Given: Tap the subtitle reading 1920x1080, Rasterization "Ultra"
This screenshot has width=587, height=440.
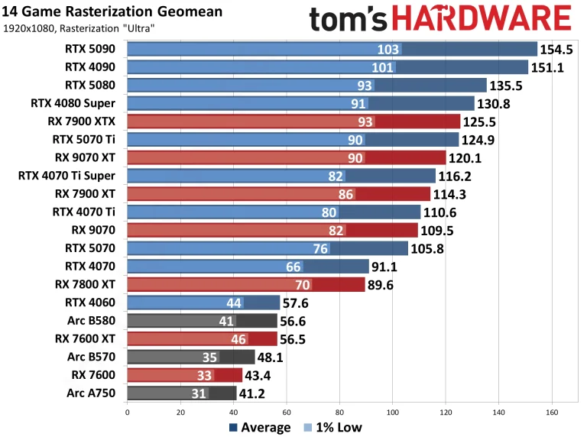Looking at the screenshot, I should coord(79,29).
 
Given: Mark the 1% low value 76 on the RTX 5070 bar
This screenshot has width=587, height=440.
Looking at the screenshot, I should coord(320,248).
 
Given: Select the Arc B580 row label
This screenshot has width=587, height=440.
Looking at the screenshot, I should coord(95,321).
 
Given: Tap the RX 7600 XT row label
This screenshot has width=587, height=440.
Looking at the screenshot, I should coord(89,339).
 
